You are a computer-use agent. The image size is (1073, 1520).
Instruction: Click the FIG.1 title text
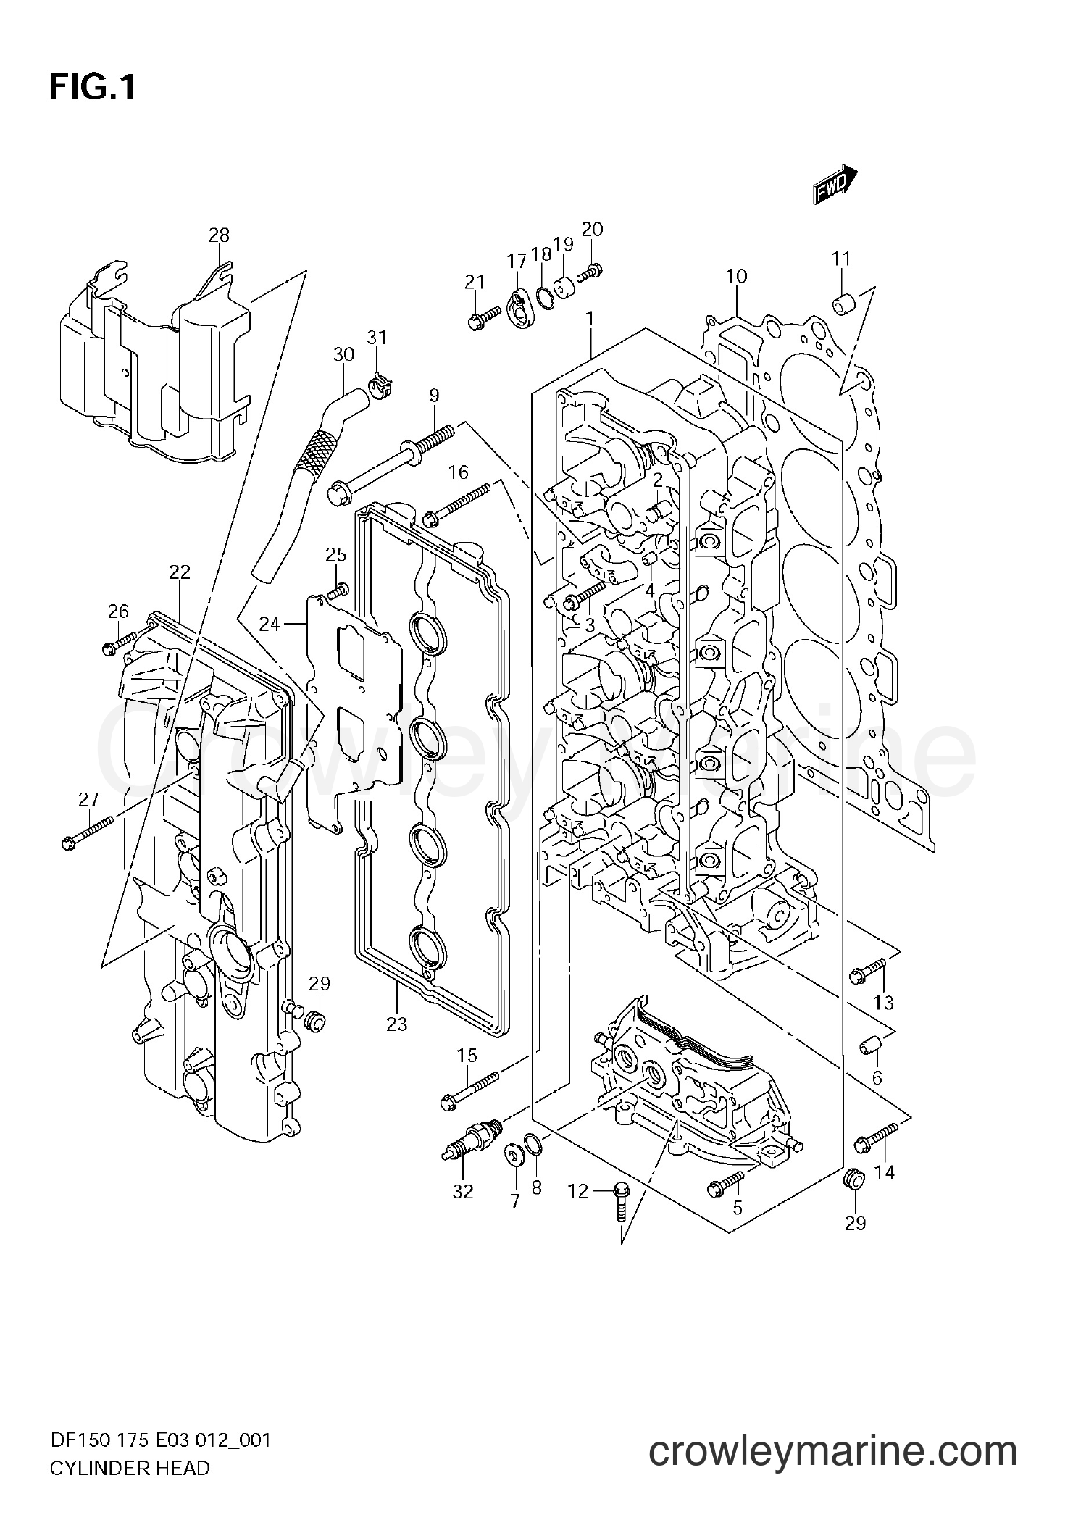[93, 88]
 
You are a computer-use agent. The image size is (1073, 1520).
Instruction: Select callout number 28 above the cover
[219, 235]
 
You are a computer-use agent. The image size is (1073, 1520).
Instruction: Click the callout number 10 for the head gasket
[736, 276]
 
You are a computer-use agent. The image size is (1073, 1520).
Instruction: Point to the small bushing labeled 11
[840, 305]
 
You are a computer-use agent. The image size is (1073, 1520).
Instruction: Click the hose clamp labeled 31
[377, 384]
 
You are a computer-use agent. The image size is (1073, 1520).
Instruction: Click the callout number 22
[180, 572]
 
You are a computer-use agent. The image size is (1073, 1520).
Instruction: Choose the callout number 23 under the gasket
[397, 1024]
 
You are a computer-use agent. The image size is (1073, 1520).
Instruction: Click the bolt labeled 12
[620, 1200]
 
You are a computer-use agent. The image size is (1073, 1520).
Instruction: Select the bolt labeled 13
[869, 968]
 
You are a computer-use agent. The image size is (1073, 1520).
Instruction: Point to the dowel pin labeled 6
[869, 1046]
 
